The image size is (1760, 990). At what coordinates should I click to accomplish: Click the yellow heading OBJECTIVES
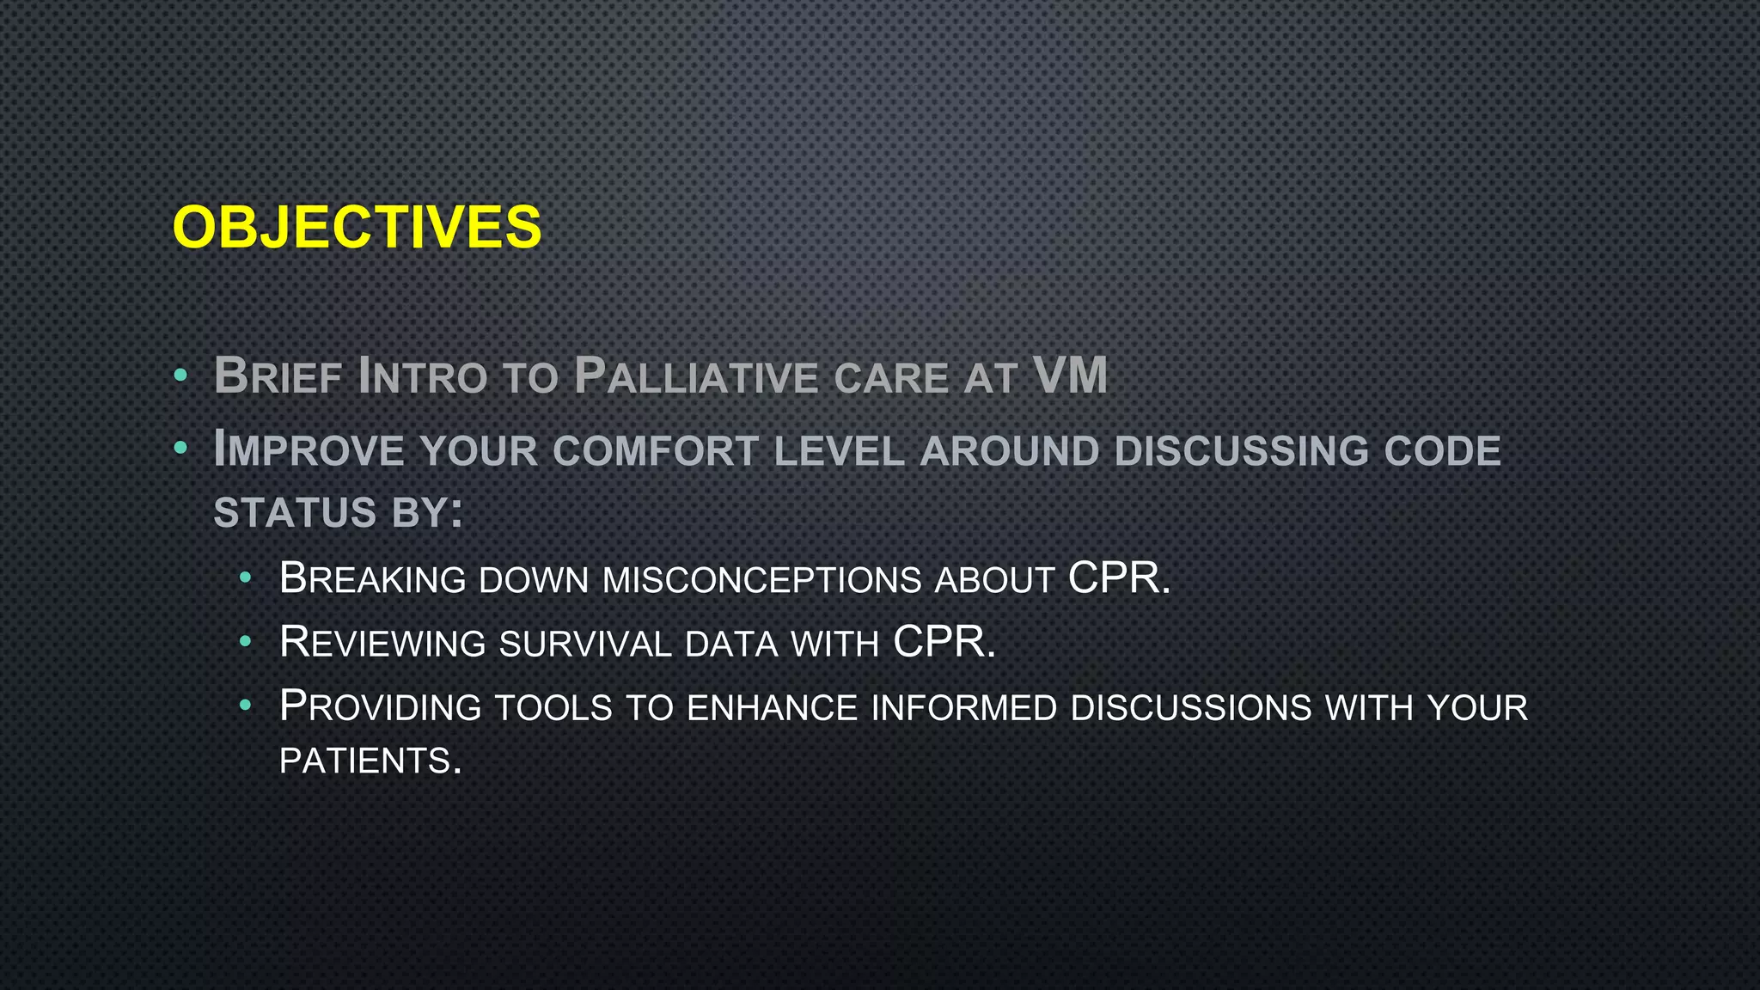tap(357, 228)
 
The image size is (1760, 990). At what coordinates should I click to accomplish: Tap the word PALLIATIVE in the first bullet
tap(695, 377)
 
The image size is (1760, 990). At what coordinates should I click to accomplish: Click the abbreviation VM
tap(1070, 376)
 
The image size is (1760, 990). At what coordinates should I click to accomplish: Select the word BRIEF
tap(278, 377)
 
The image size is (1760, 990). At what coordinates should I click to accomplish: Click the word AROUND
tap(1010, 451)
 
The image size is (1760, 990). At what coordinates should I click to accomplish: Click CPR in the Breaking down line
tap(1113, 577)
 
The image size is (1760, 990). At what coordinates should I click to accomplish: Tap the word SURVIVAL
tap(585, 644)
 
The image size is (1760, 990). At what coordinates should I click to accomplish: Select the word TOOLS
tap(553, 708)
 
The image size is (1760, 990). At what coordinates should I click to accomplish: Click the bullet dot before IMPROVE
tap(180, 448)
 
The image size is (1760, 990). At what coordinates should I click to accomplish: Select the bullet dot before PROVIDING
tap(246, 706)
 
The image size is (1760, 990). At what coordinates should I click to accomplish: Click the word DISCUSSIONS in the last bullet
tap(1191, 708)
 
